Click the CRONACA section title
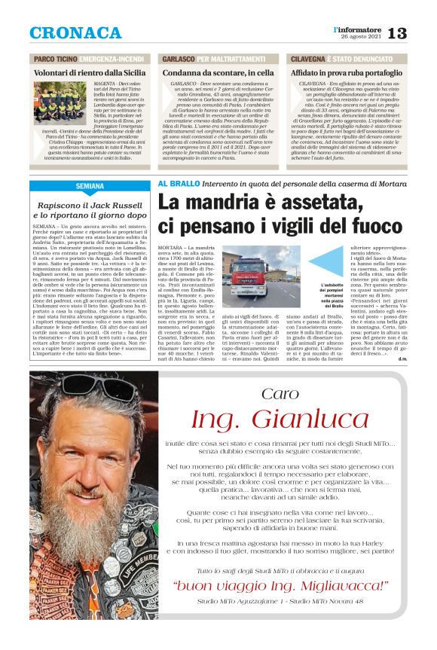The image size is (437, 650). point(75,33)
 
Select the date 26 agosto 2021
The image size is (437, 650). point(368,38)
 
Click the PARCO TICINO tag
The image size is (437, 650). point(51,59)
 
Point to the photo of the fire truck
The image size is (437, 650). point(260,276)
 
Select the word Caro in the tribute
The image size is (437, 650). point(280,394)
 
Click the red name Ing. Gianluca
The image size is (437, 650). point(280,420)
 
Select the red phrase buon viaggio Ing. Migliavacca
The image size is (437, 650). point(280,586)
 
